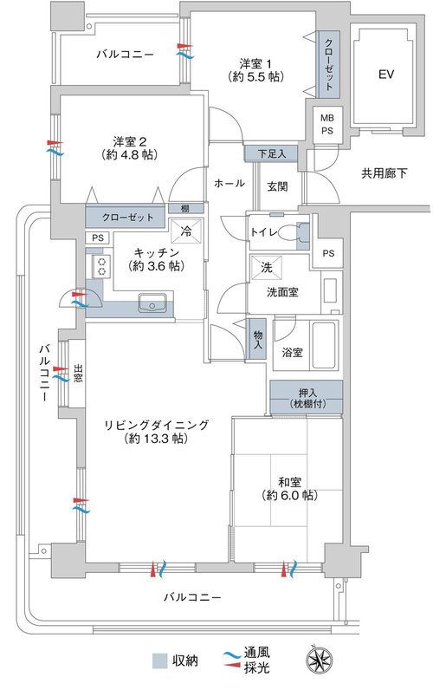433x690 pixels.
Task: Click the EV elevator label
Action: (385, 74)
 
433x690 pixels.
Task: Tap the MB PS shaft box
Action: (326, 125)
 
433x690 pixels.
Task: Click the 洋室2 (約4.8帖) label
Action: (129, 148)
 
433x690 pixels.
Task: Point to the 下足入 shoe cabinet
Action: (271, 153)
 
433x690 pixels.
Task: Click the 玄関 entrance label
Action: (277, 186)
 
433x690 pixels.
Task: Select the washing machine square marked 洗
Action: (267, 268)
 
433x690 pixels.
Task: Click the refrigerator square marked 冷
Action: (186, 231)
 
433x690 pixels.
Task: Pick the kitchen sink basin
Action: (152, 303)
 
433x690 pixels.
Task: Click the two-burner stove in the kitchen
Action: (102, 267)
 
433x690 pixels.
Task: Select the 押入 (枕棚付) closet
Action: (306, 397)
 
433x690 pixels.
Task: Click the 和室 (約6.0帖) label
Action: (289, 488)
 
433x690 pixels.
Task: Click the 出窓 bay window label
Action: (78, 373)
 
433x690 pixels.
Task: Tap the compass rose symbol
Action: (315, 661)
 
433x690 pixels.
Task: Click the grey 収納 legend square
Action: (159, 661)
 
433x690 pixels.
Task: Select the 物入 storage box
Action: (257, 339)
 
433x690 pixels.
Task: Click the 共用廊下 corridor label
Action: (384, 174)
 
